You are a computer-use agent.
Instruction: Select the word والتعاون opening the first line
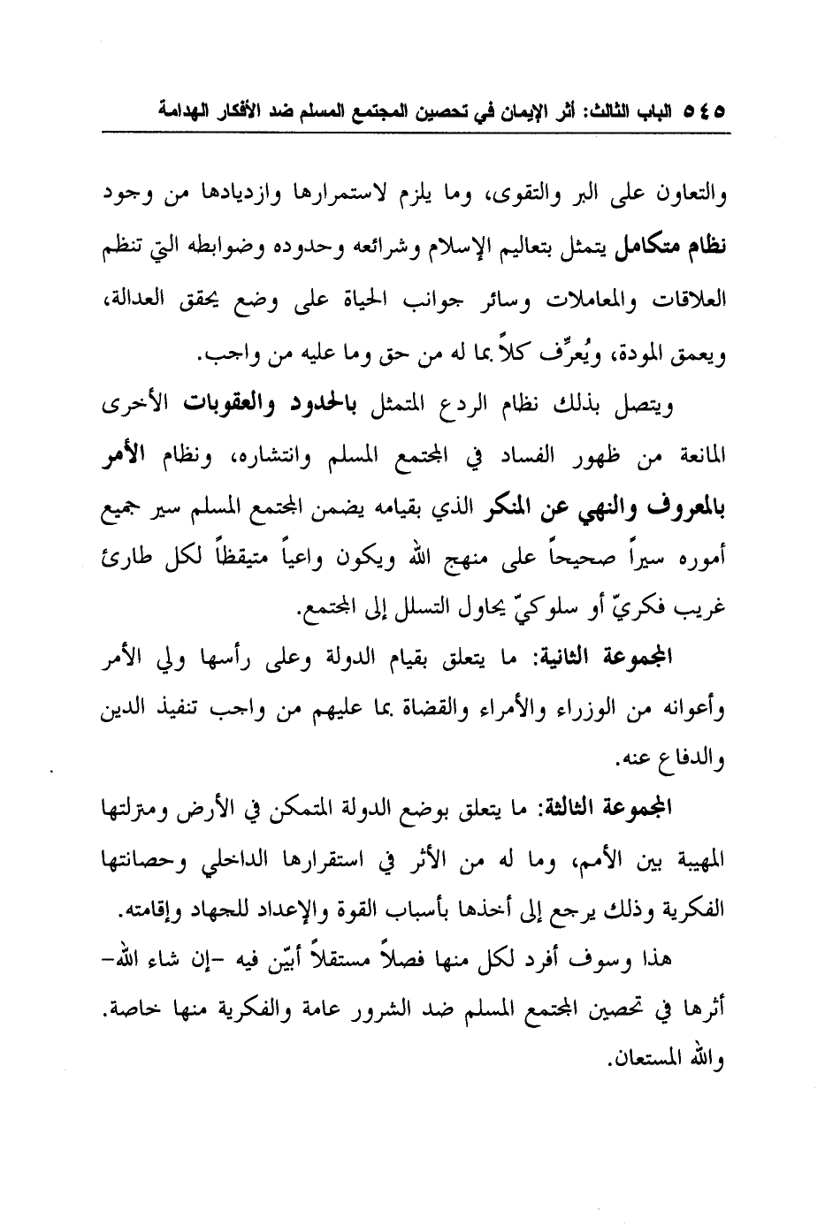(691, 195)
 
